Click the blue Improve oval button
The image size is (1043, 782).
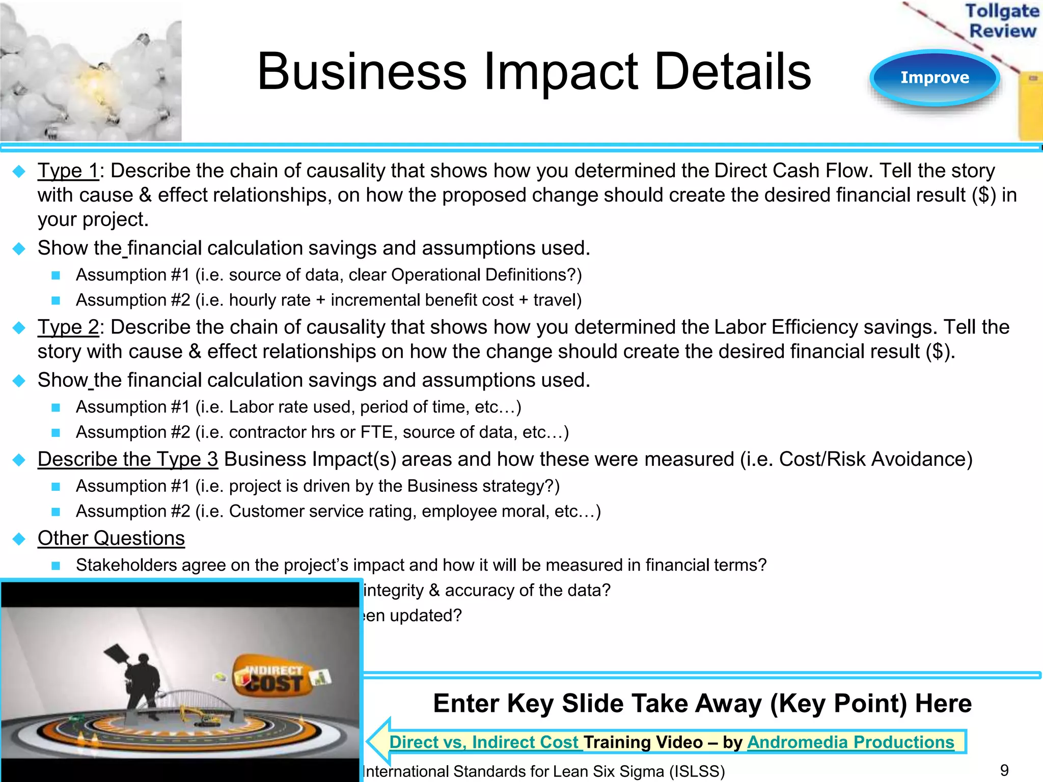(x=935, y=78)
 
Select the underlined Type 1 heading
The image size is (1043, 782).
(x=68, y=171)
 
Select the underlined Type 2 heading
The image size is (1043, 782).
(x=68, y=327)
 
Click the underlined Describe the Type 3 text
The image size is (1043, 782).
(x=128, y=459)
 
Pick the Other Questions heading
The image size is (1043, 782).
(x=111, y=538)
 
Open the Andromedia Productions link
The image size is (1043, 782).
(x=850, y=742)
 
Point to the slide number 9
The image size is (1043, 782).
(x=1004, y=770)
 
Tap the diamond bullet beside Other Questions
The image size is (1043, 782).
(x=19, y=539)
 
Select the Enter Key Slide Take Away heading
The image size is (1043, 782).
(x=702, y=704)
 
